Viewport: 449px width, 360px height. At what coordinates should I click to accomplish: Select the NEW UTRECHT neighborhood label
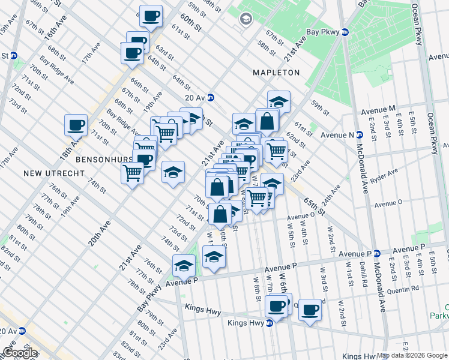click(x=49, y=173)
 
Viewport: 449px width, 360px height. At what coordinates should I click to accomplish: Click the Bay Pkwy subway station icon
click(x=345, y=32)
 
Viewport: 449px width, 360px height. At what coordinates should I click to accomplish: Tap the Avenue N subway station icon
click(x=360, y=134)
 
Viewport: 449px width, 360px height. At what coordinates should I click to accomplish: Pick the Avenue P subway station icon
click(x=376, y=253)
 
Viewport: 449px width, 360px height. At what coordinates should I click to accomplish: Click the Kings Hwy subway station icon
click(x=270, y=323)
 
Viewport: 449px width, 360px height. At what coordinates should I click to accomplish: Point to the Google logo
click(x=20, y=353)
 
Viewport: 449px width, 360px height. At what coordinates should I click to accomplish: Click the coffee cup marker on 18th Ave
click(x=76, y=125)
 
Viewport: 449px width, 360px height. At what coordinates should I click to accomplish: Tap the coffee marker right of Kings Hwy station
click(x=310, y=310)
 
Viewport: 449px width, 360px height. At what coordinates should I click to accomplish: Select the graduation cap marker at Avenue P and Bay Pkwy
click(x=184, y=265)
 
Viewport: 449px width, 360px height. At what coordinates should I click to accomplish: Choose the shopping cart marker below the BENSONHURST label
click(x=132, y=173)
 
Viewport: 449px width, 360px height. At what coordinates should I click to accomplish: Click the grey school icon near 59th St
click(x=246, y=19)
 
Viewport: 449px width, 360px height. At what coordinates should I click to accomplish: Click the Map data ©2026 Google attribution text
click(x=412, y=355)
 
